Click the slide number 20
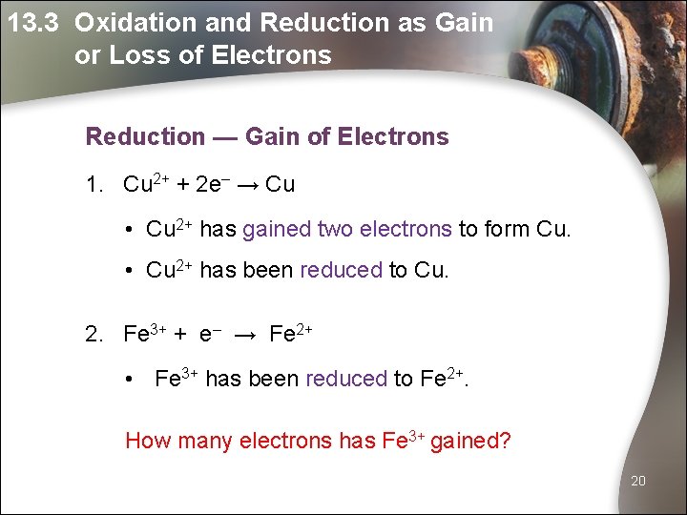(x=638, y=481)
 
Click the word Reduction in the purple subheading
(x=145, y=137)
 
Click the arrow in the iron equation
(x=244, y=335)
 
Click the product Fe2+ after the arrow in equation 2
(x=291, y=334)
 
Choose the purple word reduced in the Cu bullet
(x=341, y=270)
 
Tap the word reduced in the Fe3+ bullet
(x=345, y=379)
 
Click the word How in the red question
(x=145, y=441)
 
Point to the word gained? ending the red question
(x=470, y=441)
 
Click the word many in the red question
(x=202, y=441)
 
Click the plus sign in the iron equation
(x=179, y=335)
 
